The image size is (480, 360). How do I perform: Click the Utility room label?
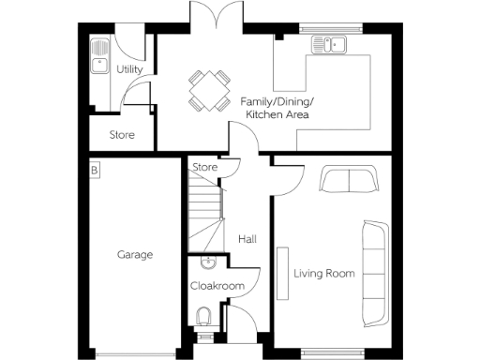(x=127, y=69)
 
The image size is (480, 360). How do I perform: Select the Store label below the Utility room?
(x=122, y=135)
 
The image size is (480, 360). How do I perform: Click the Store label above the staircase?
(x=204, y=168)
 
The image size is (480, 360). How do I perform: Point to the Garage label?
(x=135, y=254)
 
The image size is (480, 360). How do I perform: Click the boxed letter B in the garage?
(x=94, y=171)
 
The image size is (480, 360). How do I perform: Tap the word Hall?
(x=247, y=240)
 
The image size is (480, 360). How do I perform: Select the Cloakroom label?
(x=217, y=286)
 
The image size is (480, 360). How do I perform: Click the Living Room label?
(x=324, y=274)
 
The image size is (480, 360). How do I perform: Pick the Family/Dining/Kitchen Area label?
(x=277, y=107)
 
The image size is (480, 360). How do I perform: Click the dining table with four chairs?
(x=208, y=89)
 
